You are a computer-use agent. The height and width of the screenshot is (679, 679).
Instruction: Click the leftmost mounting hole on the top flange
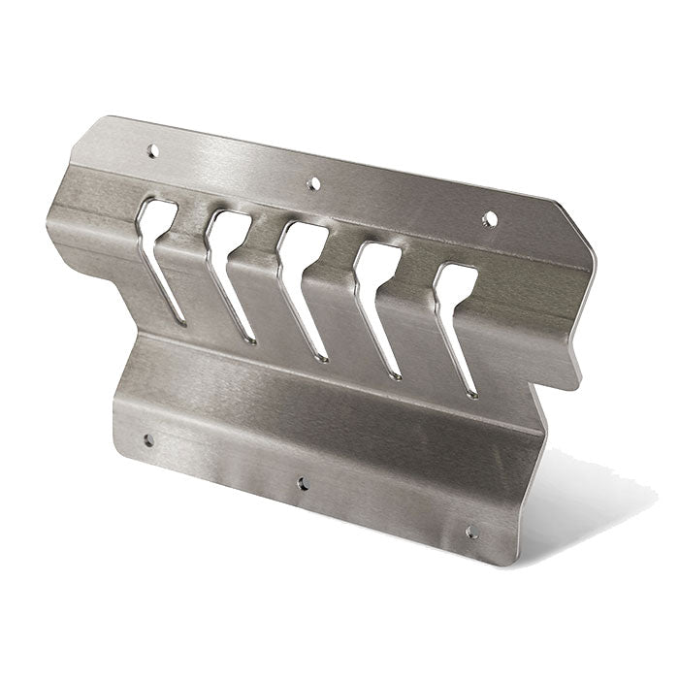pos(152,150)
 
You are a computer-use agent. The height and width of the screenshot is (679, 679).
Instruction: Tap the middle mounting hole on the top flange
pos(313,182)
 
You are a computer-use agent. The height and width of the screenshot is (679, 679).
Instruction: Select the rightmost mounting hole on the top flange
pos(490,219)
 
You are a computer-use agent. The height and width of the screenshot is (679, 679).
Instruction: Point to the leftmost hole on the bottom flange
pos(148,440)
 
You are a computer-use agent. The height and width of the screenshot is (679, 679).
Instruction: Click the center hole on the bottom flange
pos(304,482)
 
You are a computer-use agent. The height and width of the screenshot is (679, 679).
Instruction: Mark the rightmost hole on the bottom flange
pos(471,533)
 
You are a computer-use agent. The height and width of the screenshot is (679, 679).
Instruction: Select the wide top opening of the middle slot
pos(303,242)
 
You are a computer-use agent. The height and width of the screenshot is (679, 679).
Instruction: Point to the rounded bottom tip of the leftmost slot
pos(180,319)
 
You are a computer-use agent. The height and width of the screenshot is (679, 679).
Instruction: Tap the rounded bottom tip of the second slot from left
pos(251,339)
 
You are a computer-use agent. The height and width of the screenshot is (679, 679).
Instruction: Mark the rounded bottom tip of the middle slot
pos(323,357)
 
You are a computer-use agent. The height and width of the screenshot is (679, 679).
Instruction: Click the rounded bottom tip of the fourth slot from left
pos(395,374)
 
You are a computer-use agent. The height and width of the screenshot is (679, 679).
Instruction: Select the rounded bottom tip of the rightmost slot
pos(470,393)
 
